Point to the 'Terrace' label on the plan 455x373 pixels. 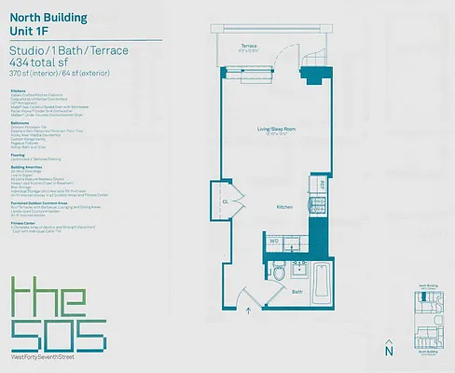coord(248,45)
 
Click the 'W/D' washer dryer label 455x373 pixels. coord(275,241)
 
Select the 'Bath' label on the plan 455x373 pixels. coord(296,292)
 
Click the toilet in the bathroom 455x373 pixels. coord(279,273)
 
